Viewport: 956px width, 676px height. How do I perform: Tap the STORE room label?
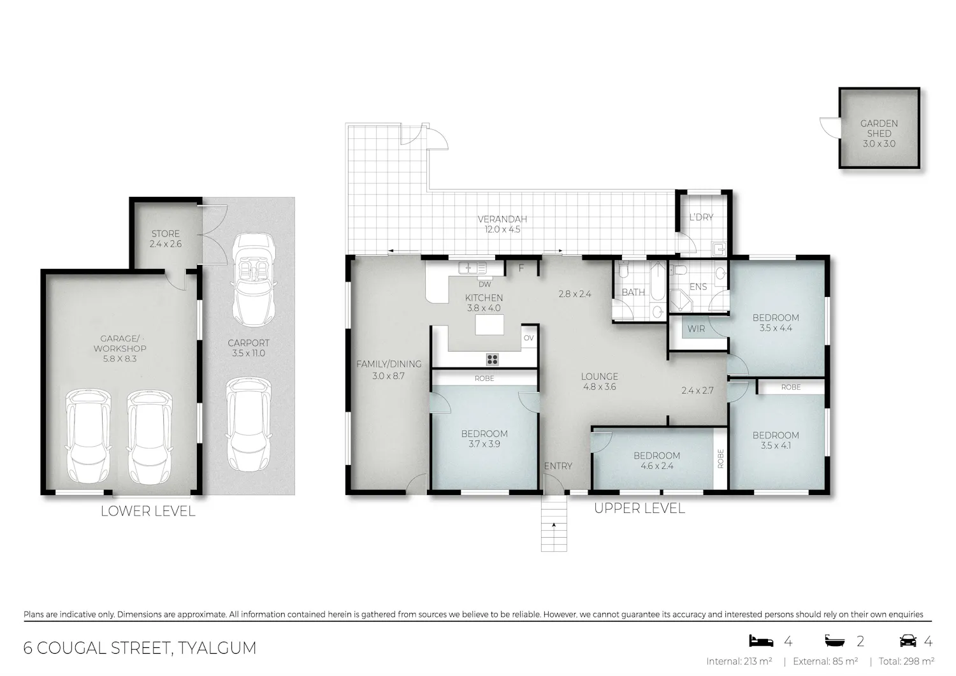(x=166, y=234)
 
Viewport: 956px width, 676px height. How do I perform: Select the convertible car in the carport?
(x=254, y=280)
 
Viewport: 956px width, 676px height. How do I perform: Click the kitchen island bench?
(x=489, y=325)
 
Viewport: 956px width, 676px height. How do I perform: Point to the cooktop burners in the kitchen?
(x=492, y=359)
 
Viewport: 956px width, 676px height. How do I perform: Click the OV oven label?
(x=529, y=338)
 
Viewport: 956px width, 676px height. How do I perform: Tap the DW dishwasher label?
(x=485, y=284)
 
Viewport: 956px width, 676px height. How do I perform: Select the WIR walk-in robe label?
(x=696, y=329)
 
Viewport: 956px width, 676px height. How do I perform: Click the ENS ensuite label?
(x=699, y=287)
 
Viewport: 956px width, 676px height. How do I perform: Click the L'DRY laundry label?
(x=701, y=217)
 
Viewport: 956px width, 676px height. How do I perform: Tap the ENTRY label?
(x=558, y=466)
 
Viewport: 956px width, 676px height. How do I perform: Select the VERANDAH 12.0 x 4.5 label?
(x=502, y=224)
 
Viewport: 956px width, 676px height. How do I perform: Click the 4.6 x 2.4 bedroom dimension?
(x=657, y=466)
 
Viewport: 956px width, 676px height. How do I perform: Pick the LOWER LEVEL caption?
(x=148, y=511)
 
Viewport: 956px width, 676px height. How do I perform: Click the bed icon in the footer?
(x=762, y=640)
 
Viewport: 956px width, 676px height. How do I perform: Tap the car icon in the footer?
(x=908, y=640)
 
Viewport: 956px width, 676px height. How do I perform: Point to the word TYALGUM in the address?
(x=217, y=648)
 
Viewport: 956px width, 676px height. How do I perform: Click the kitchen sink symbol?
(x=472, y=268)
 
